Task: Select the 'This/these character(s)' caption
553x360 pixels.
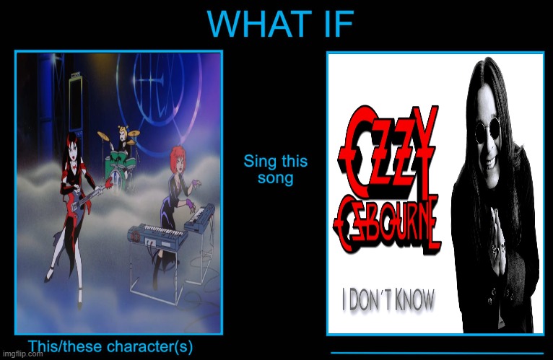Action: coord(110,346)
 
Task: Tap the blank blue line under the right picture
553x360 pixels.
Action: coord(436,352)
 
